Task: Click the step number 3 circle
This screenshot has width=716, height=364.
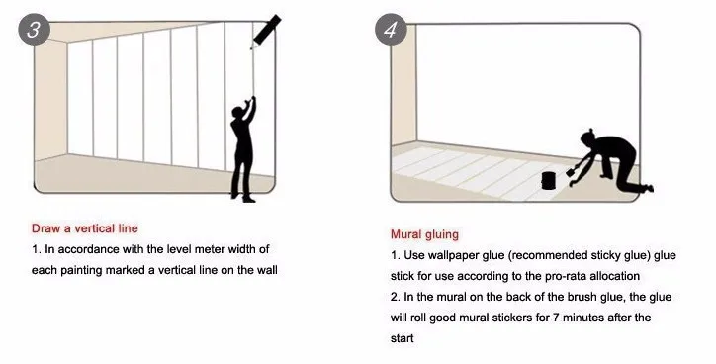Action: pos(34,30)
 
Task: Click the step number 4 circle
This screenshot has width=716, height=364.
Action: pos(391,30)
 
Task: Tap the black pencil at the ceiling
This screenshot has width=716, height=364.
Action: pos(265,31)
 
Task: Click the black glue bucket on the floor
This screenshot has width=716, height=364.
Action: pos(549,180)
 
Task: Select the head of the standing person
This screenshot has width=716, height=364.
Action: pos(238,113)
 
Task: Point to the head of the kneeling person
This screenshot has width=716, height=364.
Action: pos(589,138)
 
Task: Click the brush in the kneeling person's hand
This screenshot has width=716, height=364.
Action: pos(571,172)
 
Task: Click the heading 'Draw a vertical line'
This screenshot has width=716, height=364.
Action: pos(84,228)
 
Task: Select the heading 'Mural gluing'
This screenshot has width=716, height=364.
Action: pos(424,234)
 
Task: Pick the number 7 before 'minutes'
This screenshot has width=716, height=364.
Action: pos(556,318)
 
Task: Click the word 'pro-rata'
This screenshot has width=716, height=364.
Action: pos(566,276)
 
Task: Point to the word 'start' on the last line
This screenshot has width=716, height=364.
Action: pos(402,338)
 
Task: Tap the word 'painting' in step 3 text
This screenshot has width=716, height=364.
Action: pos(81,270)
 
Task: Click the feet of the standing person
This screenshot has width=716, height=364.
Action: pos(243,198)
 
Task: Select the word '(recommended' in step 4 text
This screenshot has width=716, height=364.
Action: pos(542,256)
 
